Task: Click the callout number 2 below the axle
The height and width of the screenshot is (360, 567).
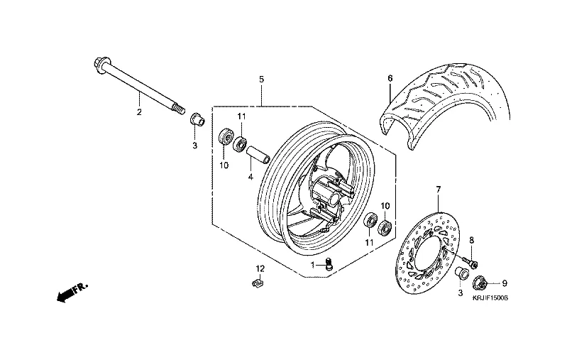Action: pyautogui.click(x=139, y=111)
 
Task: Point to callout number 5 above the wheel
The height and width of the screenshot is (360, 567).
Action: pyautogui.click(x=261, y=78)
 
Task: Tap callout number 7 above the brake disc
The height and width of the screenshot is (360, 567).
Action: pyautogui.click(x=439, y=190)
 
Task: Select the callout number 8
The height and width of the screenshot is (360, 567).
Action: pyautogui.click(x=471, y=241)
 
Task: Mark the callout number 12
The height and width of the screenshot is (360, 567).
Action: pyautogui.click(x=260, y=268)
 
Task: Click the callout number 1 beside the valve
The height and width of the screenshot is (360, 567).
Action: pyautogui.click(x=312, y=265)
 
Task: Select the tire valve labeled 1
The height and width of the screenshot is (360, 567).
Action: pyautogui.click(x=329, y=266)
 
